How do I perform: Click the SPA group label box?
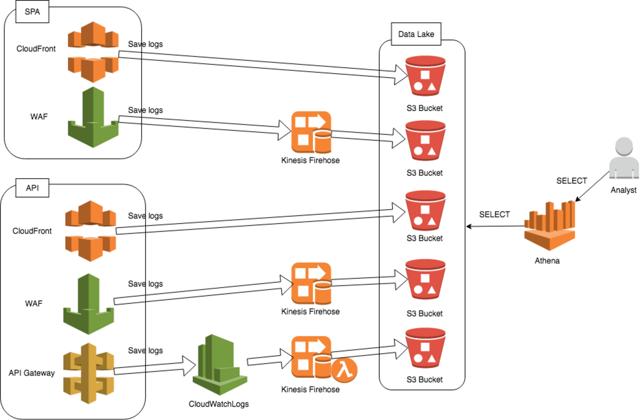pyautogui.click(x=32, y=12)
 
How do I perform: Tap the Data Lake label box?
pyautogui.click(x=416, y=34)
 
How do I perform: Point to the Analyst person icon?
pyautogui.click(x=624, y=158)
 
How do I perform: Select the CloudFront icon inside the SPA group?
pyautogui.click(x=93, y=51)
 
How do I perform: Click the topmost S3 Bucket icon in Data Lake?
pyautogui.click(x=425, y=77)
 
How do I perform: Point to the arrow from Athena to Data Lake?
pyautogui.click(x=495, y=227)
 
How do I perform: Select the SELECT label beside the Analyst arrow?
pyautogui.click(x=571, y=181)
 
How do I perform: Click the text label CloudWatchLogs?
pyautogui.click(x=219, y=404)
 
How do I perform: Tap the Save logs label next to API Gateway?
pyautogui.click(x=145, y=350)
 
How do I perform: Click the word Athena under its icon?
pyautogui.click(x=547, y=261)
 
